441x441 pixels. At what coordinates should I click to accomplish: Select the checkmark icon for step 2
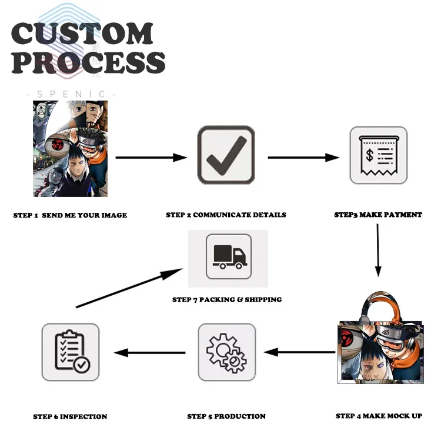[x=226, y=155]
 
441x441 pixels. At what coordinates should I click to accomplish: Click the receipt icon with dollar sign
[x=378, y=155]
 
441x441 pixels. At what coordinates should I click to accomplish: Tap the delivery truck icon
[x=229, y=256]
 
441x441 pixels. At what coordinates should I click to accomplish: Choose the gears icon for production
[x=226, y=352]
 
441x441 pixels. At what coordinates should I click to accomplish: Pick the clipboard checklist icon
[x=71, y=352]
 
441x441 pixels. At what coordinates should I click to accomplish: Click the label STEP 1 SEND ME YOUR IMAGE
[x=70, y=215]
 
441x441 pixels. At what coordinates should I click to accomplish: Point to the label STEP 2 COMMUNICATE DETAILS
[x=226, y=215]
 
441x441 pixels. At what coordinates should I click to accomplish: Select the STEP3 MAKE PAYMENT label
[x=378, y=215]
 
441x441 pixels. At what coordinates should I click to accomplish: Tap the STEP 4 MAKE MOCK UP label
[x=379, y=416]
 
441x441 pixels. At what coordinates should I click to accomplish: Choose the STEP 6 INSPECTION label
[x=70, y=417]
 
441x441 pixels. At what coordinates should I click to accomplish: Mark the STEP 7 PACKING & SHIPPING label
[x=227, y=300]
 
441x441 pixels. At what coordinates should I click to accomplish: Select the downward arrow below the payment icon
[x=378, y=250]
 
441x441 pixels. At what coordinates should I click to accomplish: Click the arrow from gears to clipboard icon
[x=150, y=353]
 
